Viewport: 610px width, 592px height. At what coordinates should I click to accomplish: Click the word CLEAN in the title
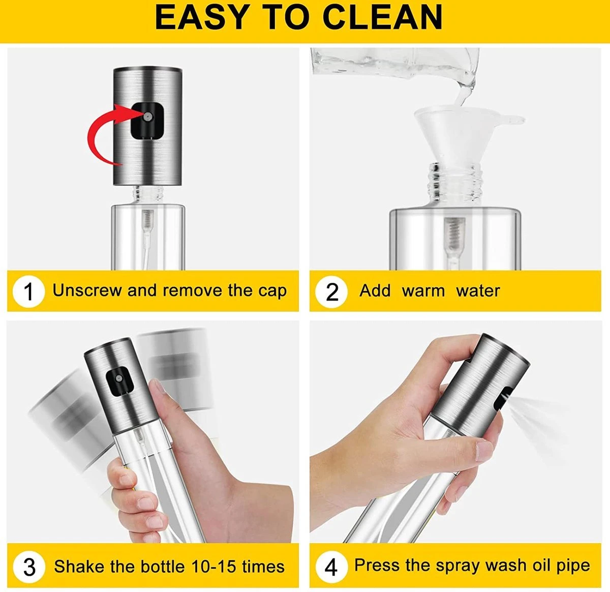(382, 17)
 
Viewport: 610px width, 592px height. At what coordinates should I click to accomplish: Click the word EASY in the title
(201, 17)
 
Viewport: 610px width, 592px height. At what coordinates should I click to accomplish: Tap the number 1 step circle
(28, 291)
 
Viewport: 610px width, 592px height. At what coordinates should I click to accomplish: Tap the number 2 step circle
(331, 291)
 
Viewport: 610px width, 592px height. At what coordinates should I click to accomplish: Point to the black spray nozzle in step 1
(147, 121)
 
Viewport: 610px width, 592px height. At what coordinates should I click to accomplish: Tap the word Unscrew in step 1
(87, 290)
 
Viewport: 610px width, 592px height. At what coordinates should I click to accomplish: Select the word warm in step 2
(423, 291)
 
